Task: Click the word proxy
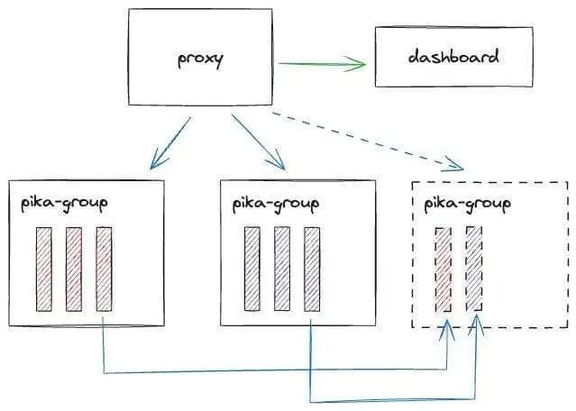click(200, 60)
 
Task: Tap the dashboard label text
click(453, 57)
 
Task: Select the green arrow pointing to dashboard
click(320, 63)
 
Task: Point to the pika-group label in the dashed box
click(466, 204)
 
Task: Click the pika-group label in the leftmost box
click(64, 202)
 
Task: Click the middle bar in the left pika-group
click(74, 269)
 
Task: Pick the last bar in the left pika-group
click(104, 269)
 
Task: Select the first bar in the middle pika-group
click(252, 269)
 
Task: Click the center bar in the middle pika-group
click(282, 269)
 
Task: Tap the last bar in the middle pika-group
click(312, 269)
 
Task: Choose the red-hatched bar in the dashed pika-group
click(443, 269)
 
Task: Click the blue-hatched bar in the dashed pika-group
click(474, 269)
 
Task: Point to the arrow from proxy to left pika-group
click(171, 142)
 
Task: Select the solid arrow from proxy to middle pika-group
click(261, 142)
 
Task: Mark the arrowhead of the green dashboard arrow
click(361, 63)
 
